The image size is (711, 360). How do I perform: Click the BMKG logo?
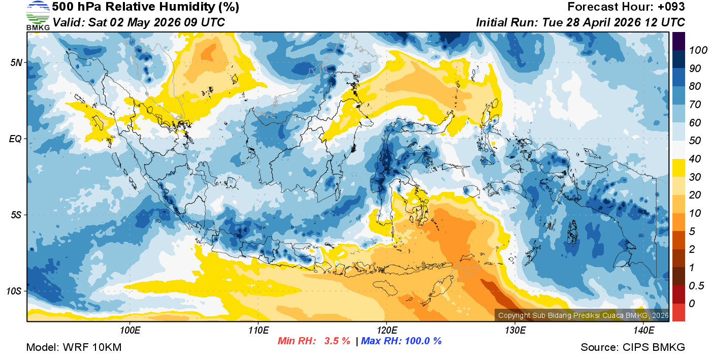[38, 16]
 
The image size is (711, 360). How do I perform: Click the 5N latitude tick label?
[17, 62]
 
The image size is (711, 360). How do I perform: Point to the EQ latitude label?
[16, 139]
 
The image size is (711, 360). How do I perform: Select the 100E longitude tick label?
[130, 331]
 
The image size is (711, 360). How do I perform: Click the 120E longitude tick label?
[386, 331]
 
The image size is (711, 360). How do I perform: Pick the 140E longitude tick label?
[643, 331]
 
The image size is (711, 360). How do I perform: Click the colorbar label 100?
[695, 50]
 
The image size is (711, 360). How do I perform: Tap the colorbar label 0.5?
[694, 285]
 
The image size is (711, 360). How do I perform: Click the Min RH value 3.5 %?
[337, 341]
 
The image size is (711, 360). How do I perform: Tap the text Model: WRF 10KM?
[74, 348]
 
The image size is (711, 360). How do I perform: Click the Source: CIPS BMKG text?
[633, 348]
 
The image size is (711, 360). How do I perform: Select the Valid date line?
[138, 22]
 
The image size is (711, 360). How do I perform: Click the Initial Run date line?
[580, 22]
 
